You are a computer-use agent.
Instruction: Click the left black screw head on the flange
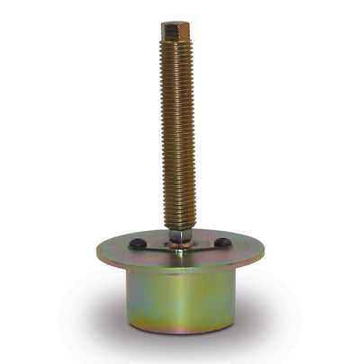(x=137, y=244)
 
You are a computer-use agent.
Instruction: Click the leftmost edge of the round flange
(x=94, y=254)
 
